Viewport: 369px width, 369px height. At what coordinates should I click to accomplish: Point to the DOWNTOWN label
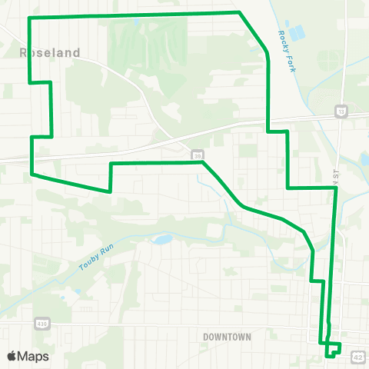click(228, 337)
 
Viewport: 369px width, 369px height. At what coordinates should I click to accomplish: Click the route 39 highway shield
click(198, 155)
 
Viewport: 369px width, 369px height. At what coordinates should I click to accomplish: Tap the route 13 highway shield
click(341, 112)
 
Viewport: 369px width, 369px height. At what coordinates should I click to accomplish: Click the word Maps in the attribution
click(33, 356)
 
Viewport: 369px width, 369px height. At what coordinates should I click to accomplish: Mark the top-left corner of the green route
click(29, 18)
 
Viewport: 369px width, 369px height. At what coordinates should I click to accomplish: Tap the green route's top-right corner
click(240, 12)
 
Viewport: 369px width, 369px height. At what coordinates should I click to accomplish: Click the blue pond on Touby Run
click(161, 239)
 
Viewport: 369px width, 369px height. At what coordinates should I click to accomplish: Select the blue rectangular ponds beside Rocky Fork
click(295, 33)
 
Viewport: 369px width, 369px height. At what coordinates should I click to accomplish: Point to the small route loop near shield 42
click(333, 350)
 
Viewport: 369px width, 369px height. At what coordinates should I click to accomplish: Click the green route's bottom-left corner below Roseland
click(32, 174)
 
